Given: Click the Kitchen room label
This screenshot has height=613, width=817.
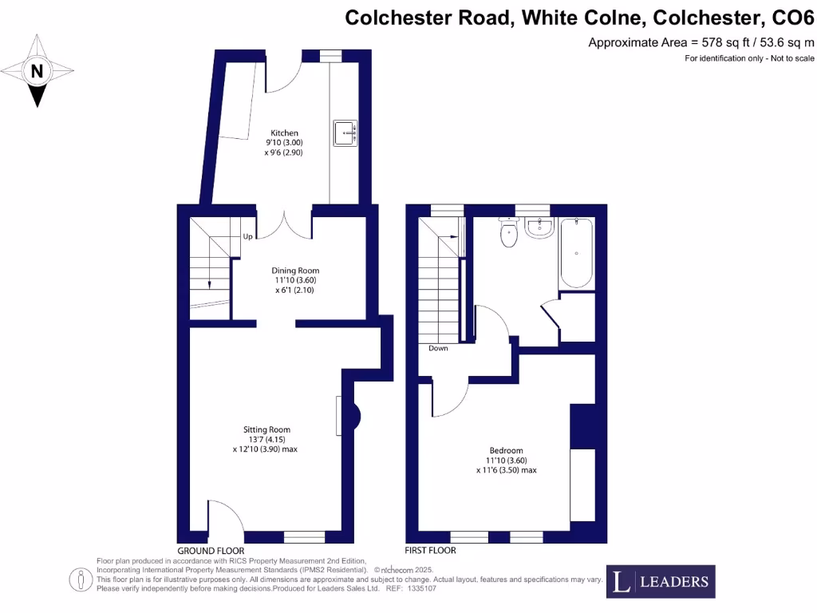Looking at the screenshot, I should [284, 133].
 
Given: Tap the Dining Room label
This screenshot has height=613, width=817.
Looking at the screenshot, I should [296, 271].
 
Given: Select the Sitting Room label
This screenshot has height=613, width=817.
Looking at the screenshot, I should [266, 429].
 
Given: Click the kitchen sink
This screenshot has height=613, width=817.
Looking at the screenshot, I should [345, 132].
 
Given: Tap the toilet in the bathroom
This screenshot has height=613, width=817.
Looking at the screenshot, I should [508, 232].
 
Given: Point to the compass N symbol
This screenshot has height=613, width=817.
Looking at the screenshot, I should [36, 71].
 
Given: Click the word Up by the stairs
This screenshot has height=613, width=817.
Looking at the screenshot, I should [247, 237].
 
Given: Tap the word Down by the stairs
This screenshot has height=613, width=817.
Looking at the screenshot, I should [438, 348].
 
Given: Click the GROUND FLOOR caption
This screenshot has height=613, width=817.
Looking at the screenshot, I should [211, 551].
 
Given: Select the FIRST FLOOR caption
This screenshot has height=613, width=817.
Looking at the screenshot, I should [431, 551].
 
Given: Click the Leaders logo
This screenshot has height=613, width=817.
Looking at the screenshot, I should [661, 581].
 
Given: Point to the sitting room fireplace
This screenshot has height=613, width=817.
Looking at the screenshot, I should [350, 415].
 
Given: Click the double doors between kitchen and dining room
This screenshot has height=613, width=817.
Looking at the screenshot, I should [284, 224].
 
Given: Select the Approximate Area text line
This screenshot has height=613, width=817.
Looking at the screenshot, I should [701, 42].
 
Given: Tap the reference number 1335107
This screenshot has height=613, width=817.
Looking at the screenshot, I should [422, 588].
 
